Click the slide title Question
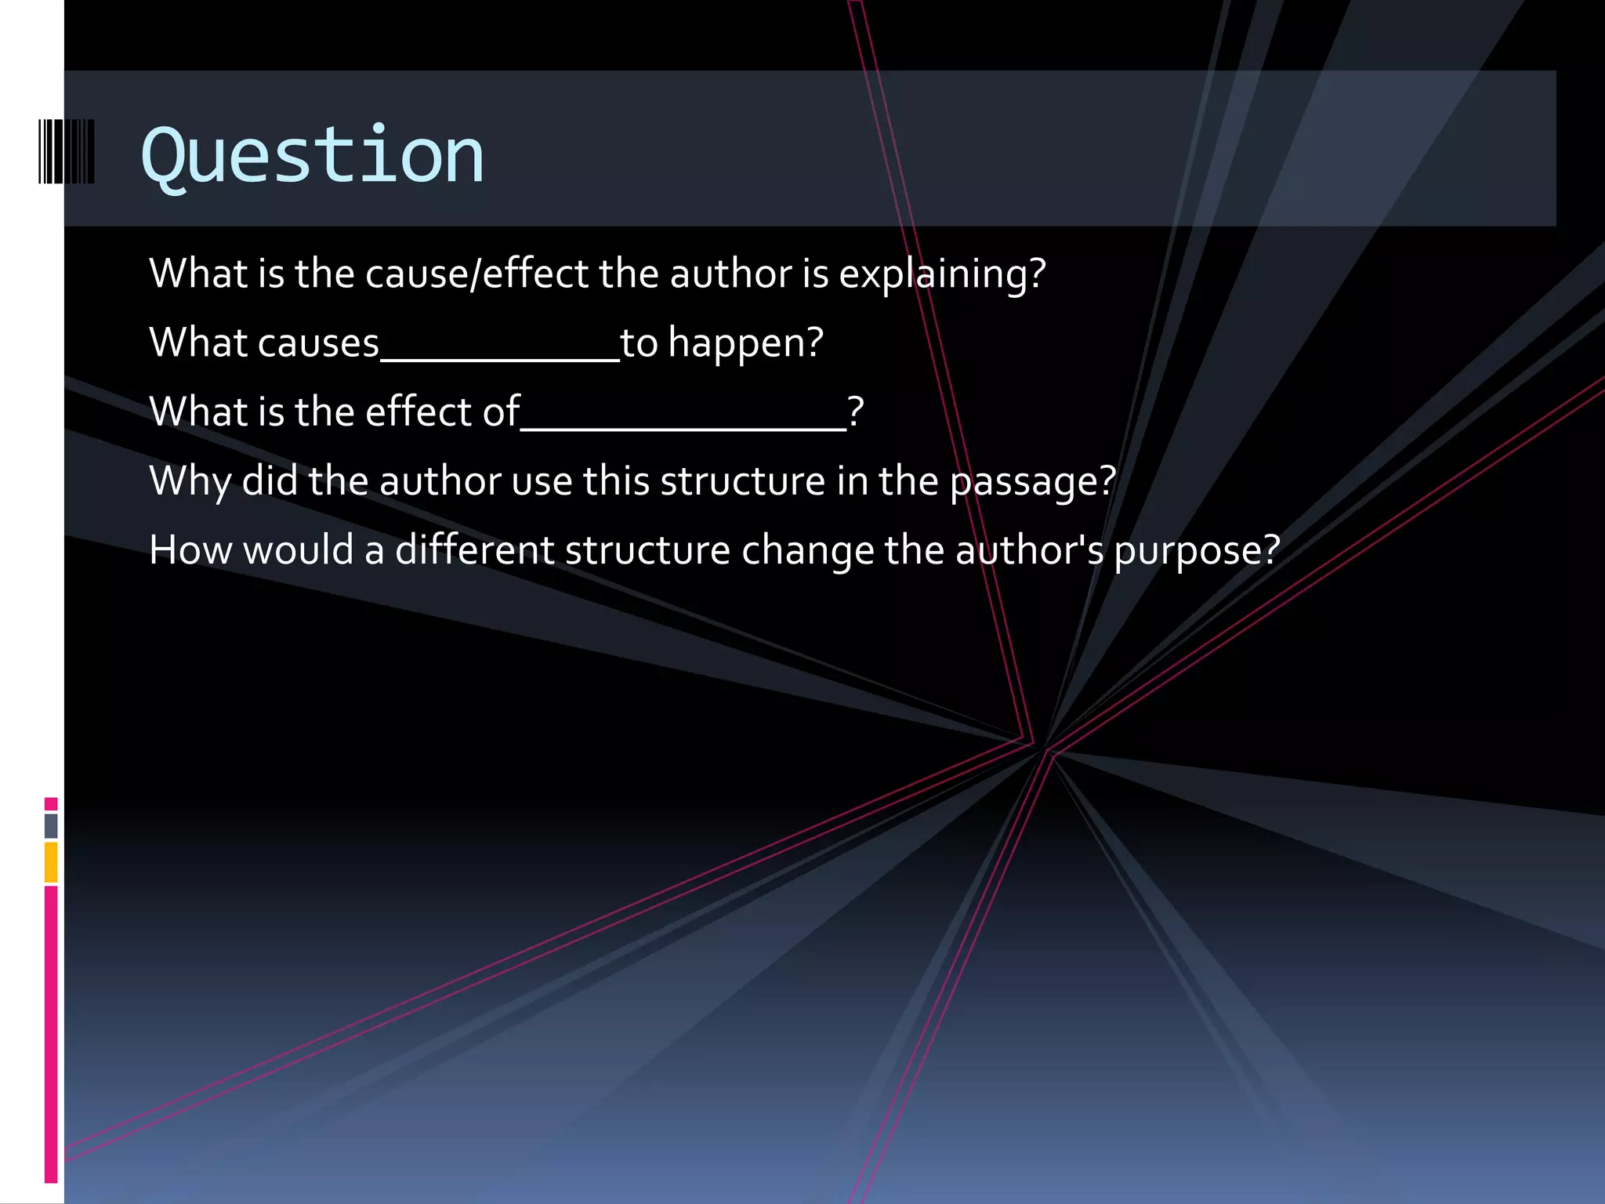(x=312, y=156)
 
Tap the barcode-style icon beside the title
(x=67, y=151)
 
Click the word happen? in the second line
(x=745, y=343)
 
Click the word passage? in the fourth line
(x=1032, y=481)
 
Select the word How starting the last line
(x=190, y=550)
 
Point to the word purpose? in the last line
(x=1197, y=550)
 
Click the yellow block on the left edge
(x=51, y=861)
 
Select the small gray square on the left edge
(x=51, y=825)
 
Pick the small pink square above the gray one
(x=51, y=803)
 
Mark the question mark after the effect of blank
(x=856, y=412)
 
